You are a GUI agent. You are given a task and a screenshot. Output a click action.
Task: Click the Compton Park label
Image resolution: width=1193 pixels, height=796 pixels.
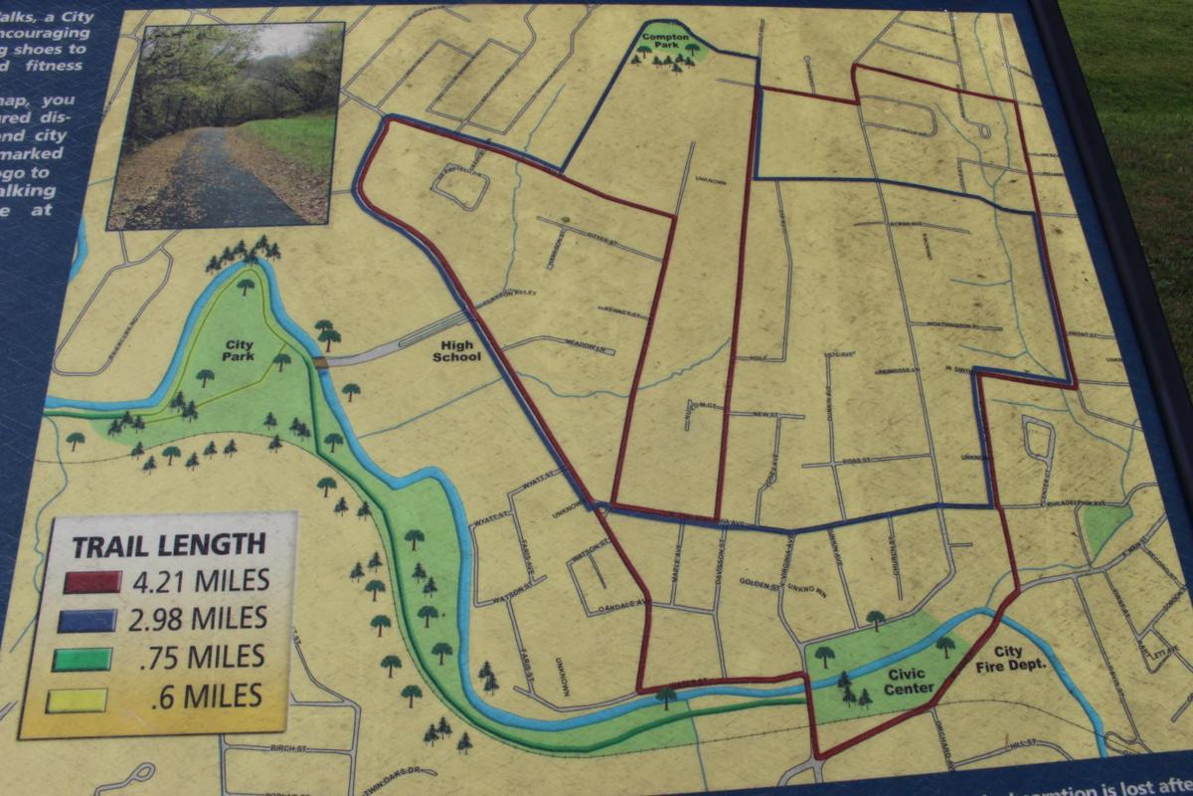point(665,41)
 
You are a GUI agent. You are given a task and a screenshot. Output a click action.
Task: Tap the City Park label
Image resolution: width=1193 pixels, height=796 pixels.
point(239,350)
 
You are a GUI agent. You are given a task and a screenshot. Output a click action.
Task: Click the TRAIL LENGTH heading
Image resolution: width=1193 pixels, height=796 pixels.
point(168,544)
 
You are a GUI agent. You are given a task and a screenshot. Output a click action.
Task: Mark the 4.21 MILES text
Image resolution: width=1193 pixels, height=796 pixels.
point(199,579)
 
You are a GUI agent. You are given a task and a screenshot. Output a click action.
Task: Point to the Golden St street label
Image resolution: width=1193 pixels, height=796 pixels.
point(762,587)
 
